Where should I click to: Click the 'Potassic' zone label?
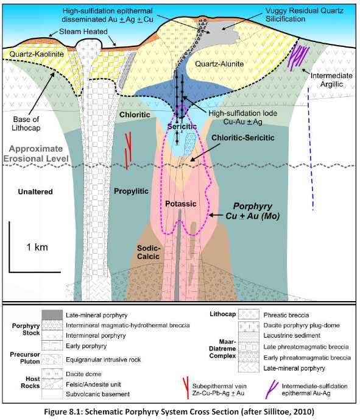tap(181, 204)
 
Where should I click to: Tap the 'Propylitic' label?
tap(131, 191)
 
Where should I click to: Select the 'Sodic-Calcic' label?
tap(148, 252)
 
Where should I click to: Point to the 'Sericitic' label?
tap(182, 126)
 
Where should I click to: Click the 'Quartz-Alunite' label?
tap(219, 64)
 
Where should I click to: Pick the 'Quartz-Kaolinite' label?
tap(37, 54)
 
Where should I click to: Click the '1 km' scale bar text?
tap(37, 247)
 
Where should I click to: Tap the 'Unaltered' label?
tap(35, 192)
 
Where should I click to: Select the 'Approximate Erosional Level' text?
tap(36, 154)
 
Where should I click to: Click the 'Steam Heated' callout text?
tap(83, 32)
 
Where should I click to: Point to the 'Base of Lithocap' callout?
tap(26, 124)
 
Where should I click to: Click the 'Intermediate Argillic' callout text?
tap(331, 80)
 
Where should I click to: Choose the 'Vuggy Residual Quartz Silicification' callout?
tap(305, 15)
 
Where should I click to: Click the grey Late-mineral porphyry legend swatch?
tap(52, 315)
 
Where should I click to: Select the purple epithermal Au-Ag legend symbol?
tap(271, 390)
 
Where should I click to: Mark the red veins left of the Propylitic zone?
tap(129, 151)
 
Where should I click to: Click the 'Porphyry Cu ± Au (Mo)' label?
tap(252, 211)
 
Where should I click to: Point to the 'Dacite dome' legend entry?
tap(83, 374)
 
